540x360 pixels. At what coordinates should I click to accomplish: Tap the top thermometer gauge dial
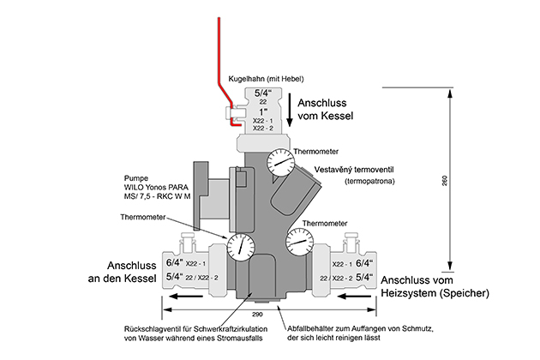[x=278, y=160]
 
